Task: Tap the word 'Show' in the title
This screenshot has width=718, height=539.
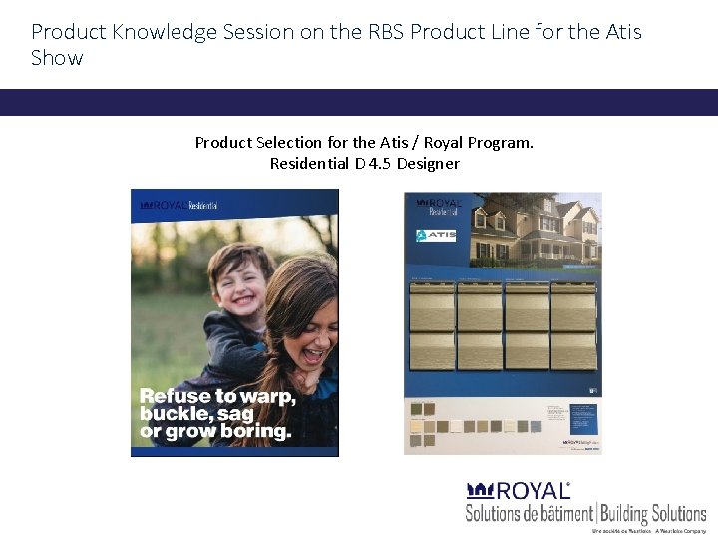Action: (57, 58)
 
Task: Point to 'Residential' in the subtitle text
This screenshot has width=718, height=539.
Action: (309, 163)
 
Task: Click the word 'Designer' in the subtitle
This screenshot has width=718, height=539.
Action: (428, 163)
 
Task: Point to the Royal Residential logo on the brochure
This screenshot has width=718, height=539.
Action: (179, 206)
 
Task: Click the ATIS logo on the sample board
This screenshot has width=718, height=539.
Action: (436, 236)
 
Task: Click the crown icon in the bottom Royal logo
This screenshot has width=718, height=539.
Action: (481, 490)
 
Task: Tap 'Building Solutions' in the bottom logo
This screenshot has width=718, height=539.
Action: (653, 514)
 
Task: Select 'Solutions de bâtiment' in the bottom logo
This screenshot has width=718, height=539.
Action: (529, 514)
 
